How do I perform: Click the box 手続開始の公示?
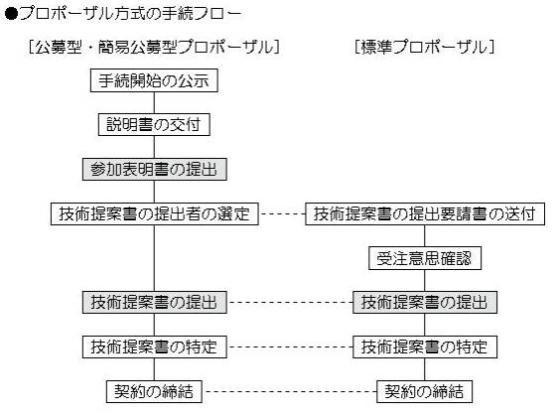[154, 80]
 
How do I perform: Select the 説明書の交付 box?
[154, 124]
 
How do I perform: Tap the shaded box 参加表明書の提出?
[155, 170]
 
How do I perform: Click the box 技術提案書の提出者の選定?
[155, 213]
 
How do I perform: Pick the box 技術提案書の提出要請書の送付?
[425, 213]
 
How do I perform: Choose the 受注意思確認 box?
[425, 258]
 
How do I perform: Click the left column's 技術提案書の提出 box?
[155, 303]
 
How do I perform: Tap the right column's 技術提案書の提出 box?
[425, 303]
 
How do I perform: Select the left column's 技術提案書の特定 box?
[155, 347]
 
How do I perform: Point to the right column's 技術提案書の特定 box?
[425, 347]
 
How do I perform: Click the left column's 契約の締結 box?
[154, 392]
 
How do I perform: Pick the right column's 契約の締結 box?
[425, 392]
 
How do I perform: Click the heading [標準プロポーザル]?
[425, 47]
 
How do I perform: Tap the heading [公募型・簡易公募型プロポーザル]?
[154, 47]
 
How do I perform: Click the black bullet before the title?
[11, 14]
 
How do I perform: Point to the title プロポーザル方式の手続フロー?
[130, 14]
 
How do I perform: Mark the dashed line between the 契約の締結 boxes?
[290, 392]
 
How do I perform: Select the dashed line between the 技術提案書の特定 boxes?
[290, 347]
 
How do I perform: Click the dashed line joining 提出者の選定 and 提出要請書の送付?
[282, 213]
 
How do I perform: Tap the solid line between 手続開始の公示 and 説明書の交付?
[154, 103]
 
